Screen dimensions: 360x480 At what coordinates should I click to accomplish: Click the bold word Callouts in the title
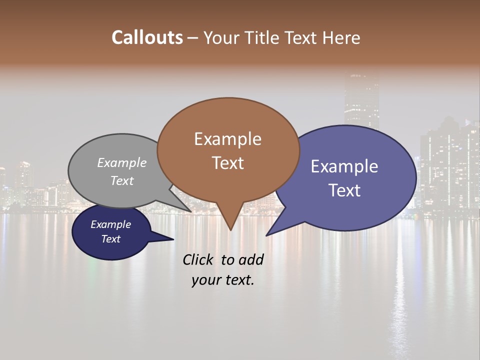(147, 37)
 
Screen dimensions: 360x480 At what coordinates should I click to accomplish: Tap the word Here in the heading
(341, 37)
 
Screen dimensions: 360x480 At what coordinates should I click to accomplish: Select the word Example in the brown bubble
(227, 139)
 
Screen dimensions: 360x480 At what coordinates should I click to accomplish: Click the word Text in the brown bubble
(227, 163)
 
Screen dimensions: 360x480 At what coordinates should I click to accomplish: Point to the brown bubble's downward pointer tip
(230, 230)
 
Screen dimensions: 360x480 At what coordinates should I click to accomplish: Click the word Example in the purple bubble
(344, 166)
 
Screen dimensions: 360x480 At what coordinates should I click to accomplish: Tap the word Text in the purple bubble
(344, 190)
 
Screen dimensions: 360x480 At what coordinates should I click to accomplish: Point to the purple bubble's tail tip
(266, 235)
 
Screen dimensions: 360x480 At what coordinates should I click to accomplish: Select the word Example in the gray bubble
(122, 163)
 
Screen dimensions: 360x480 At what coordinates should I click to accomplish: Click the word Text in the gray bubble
(122, 180)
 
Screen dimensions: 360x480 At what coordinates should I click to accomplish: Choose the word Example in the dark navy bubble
(110, 224)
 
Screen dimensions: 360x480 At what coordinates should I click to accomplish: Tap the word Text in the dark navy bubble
(110, 239)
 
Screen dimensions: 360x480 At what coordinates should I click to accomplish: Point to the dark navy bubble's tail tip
(173, 239)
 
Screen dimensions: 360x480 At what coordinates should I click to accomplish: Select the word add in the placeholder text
(251, 259)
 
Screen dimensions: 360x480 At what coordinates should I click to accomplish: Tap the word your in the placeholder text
(205, 280)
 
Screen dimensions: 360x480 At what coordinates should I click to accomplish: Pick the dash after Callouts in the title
(193, 38)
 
